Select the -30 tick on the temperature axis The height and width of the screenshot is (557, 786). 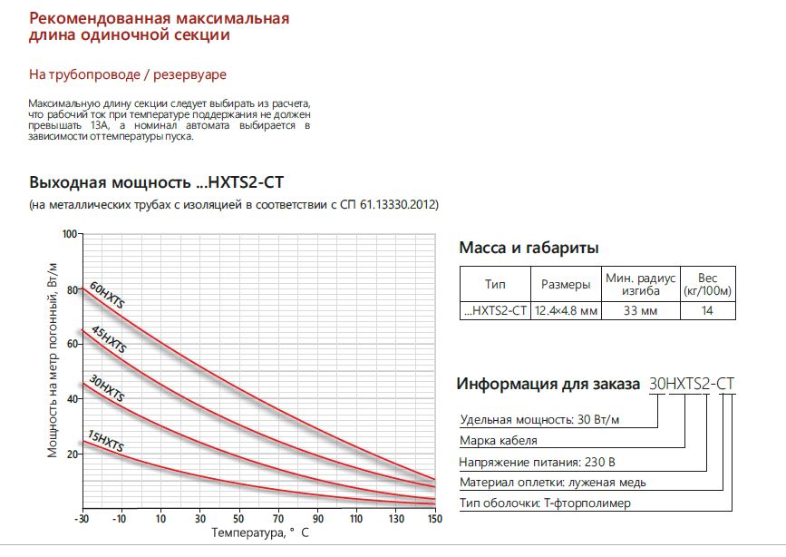82,519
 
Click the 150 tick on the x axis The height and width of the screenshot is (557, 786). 434,519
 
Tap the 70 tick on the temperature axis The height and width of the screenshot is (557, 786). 277,519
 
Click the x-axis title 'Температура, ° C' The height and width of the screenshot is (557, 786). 259,533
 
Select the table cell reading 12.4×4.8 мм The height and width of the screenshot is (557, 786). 566,311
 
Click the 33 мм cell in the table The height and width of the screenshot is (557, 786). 640,311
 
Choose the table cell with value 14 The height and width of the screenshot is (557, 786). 708,311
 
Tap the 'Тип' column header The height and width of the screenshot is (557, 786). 494,285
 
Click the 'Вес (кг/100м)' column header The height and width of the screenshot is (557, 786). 708,285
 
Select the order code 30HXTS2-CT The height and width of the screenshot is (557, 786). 691,384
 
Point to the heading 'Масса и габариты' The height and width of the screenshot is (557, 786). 529,248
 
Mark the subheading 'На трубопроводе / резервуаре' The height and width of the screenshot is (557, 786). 127,73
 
